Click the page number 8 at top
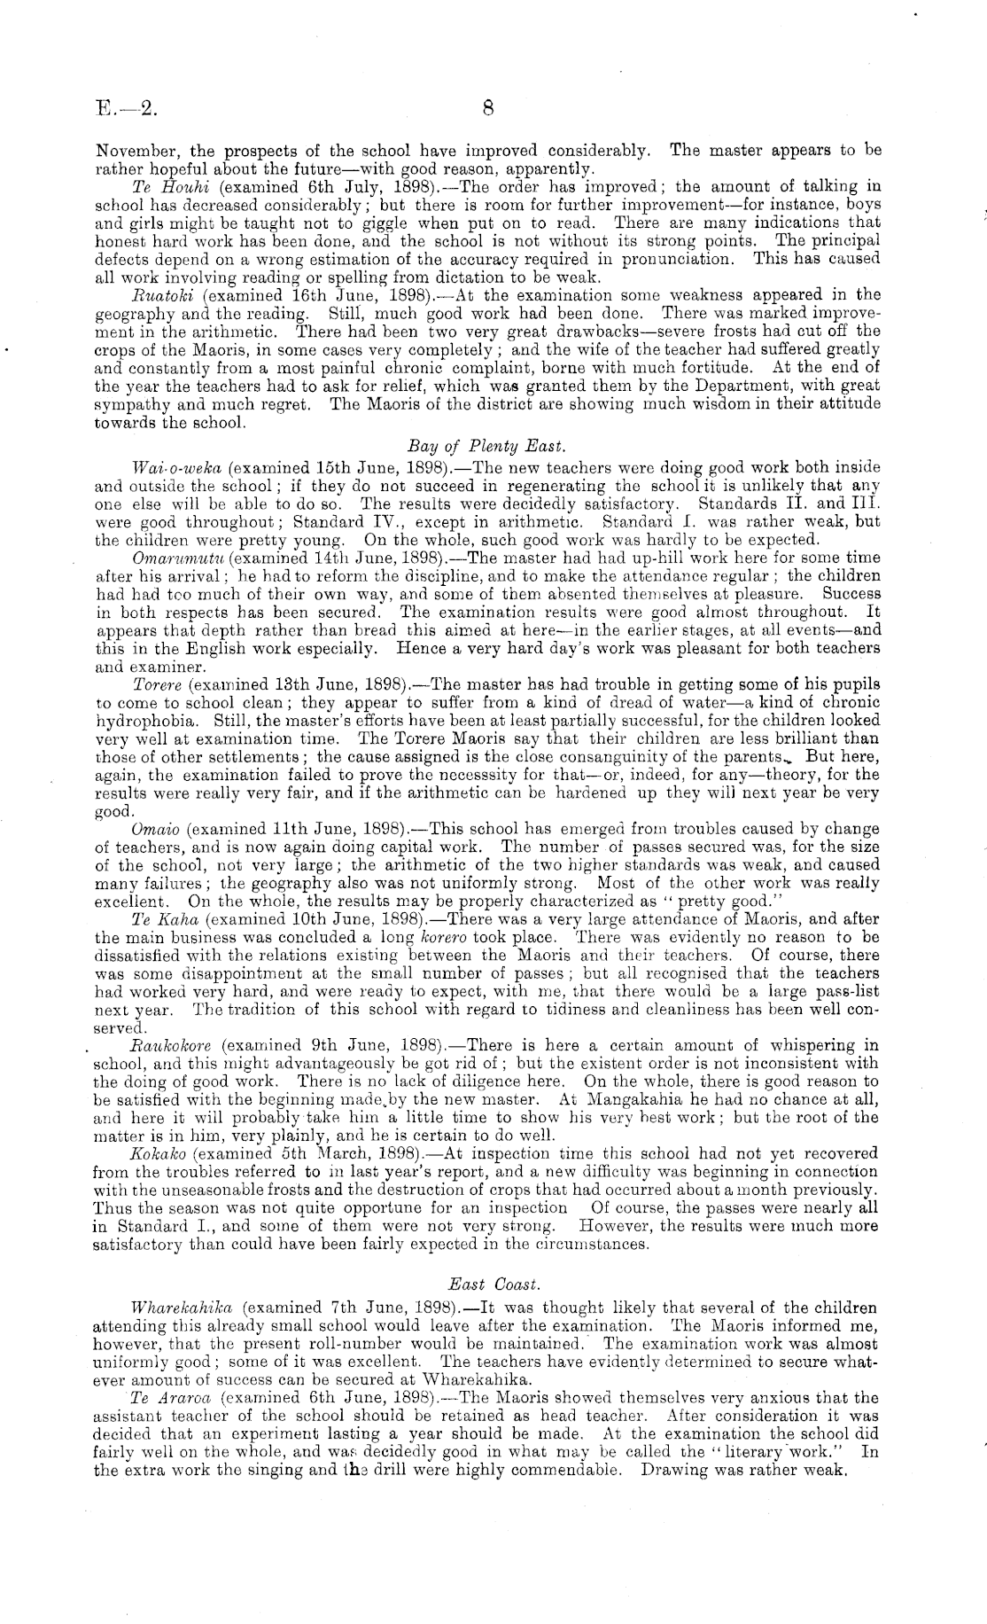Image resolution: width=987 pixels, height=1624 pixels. pos(488,109)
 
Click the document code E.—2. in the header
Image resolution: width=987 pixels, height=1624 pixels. pos(126,109)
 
